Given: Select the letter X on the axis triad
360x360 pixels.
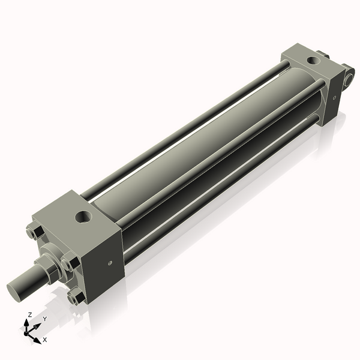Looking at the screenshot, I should click(44, 340).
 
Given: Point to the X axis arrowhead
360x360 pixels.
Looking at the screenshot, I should click(37, 337).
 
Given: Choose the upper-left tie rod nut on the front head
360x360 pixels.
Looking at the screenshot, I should click(34, 232).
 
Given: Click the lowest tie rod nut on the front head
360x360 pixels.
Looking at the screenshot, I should click(76, 296).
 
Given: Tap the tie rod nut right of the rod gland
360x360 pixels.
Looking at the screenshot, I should click(70, 263).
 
